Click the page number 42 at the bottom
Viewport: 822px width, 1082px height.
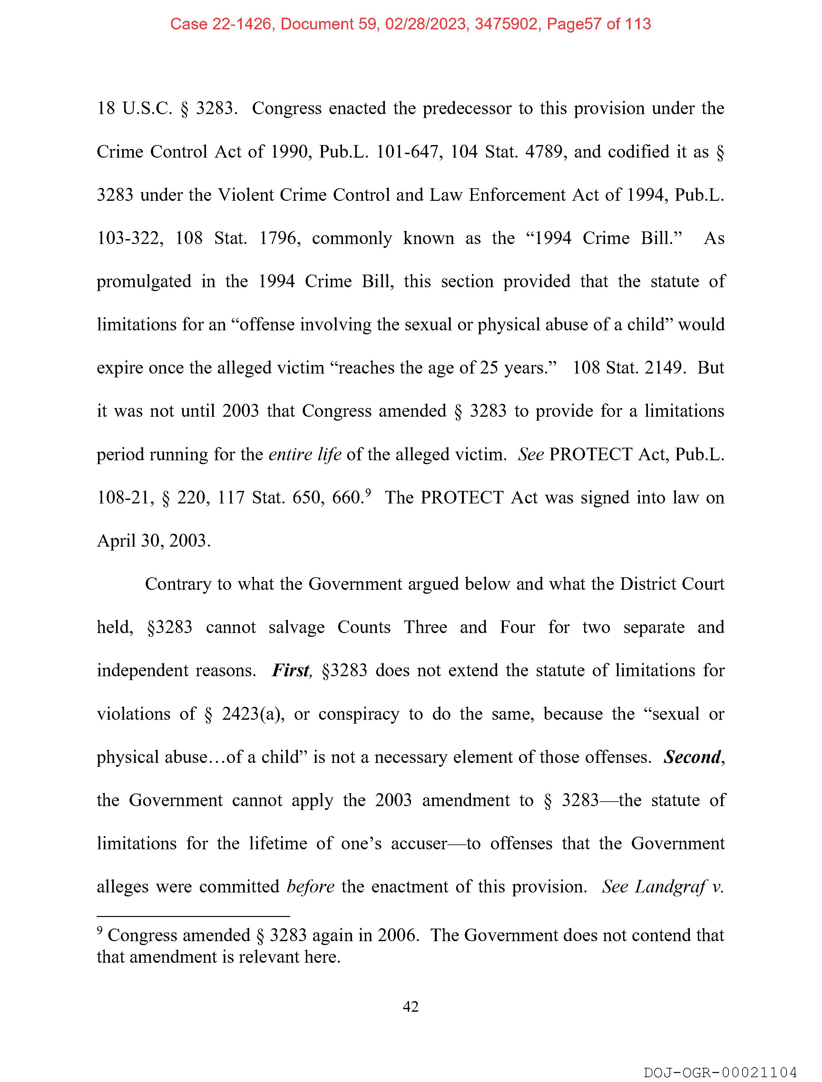pos(410,1006)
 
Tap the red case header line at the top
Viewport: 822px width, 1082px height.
pos(410,24)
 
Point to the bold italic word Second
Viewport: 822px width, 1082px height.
pos(692,757)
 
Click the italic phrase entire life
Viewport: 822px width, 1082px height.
pos(305,454)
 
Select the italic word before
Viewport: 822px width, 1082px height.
pos(310,886)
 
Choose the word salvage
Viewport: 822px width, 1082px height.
pos(297,627)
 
